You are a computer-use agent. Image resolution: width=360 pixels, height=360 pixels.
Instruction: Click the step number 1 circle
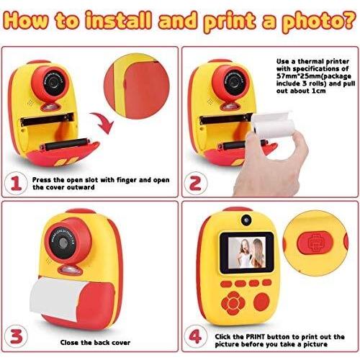pyautogui.click(x=16, y=184)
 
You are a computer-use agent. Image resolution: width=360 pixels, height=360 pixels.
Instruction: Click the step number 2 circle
pyautogui.click(x=195, y=184)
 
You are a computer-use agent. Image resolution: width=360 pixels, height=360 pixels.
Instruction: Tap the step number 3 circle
pyautogui.click(x=16, y=336)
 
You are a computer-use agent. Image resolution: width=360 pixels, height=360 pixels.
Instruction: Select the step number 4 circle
pyautogui.click(x=195, y=336)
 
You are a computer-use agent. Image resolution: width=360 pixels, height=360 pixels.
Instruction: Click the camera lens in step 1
pyautogui.click(x=53, y=82)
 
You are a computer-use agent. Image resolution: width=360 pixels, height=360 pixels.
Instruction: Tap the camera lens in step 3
pyautogui.click(x=63, y=243)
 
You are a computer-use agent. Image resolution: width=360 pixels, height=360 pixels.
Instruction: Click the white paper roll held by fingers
pyautogui.click(x=272, y=126)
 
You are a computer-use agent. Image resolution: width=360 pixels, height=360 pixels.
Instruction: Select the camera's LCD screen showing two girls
pyautogui.click(x=247, y=253)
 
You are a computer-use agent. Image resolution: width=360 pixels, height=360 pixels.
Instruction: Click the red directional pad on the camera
pyautogui.click(x=233, y=303)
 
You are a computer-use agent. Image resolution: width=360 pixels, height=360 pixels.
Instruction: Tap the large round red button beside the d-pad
pyautogui.click(x=261, y=302)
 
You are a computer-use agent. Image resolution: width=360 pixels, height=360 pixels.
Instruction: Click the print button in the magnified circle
pyautogui.click(x=315, y=243)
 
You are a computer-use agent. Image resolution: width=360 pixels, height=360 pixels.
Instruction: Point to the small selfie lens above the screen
pyautogui.click(x=246, y=220)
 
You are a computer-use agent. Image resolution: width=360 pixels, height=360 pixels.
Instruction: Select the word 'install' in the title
pyautogui.click(x=119, y=19)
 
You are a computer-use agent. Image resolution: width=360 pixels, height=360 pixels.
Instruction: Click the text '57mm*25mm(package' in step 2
pyautogui.click(x=314, y=76)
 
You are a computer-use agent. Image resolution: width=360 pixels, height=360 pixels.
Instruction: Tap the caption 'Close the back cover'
pyautogui.click(x=95, y=343)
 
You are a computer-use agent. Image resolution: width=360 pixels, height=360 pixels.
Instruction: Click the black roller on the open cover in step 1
pyautogui.click(x=66, y=144)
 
